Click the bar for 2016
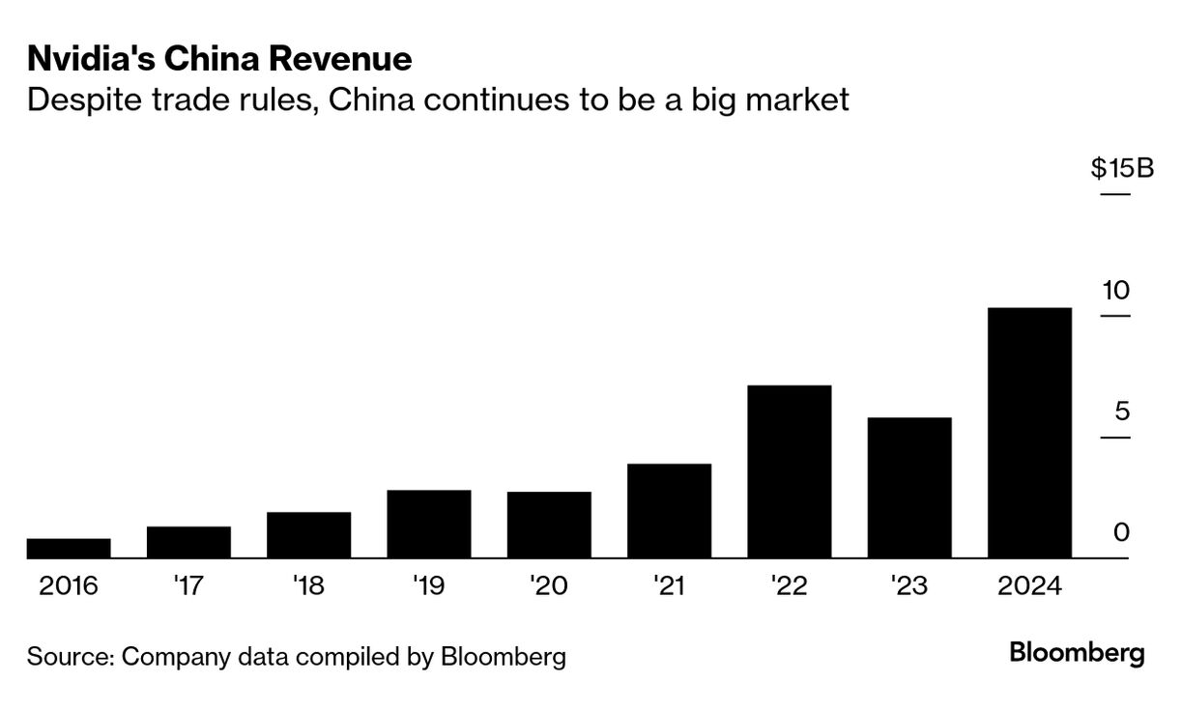(x=69, y=548)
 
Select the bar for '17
(x=188, y=542)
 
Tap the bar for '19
(x=428, y=524)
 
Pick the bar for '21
(x=669, y=511)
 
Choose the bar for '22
(x=789, y=471)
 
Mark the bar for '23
(x=908, y=488)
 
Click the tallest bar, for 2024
(x=1029, y=433)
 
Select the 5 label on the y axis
(x=1121, y=412)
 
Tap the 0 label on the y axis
(x=1121, y=532)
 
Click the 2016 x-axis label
(x=69, y=586)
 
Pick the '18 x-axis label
(x=308, y=586)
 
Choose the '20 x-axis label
(x=548, y=586)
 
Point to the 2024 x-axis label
(x=1029, y=586)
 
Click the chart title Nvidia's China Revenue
(x=219, y=60)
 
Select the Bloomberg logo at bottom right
(x=1077, y=654)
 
